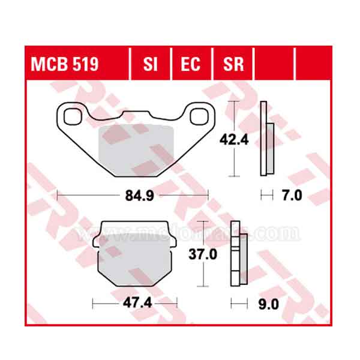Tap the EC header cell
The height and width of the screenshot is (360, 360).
(191, 64)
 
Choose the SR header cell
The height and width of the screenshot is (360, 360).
(233, 64)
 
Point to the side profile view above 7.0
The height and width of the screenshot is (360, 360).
(267, 139)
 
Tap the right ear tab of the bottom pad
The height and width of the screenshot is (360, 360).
(173, 240)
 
